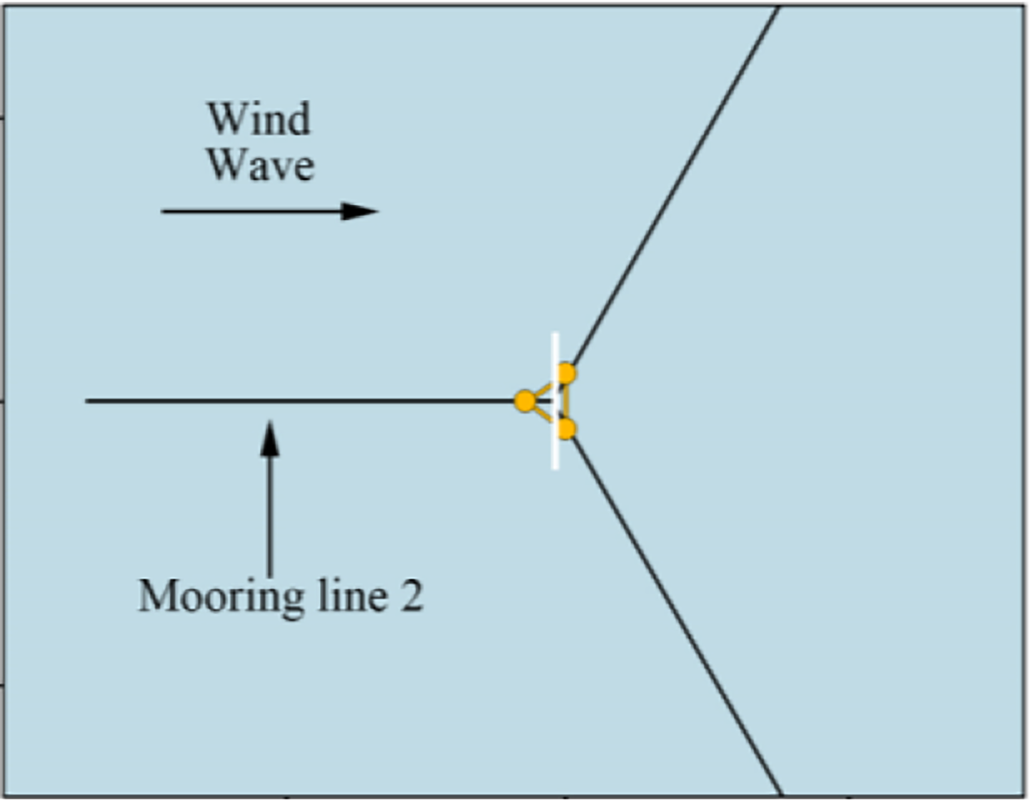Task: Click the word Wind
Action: [x=259, y=119]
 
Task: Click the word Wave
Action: [x=261, y=166]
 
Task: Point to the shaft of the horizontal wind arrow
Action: [x=250, y=211]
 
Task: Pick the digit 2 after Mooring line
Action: [x=411, y=595]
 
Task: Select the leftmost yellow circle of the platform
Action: [x=525, y=401]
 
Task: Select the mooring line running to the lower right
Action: [x=675, y=613]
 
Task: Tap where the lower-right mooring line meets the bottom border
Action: [x=781, y=794]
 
